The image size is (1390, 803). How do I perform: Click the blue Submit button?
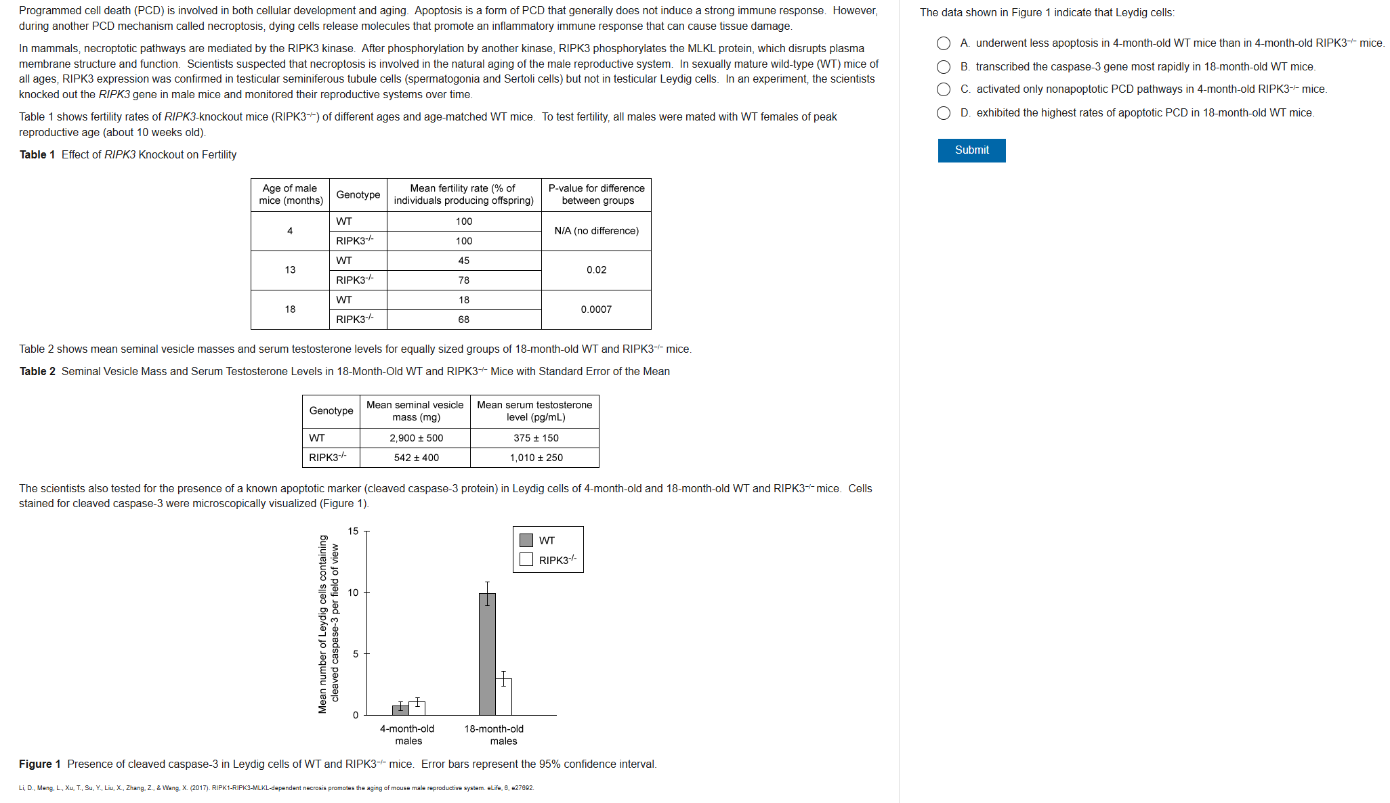(x=971, y=150)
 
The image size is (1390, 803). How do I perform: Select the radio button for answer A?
(x=944, y=43)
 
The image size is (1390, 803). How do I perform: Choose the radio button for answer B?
(x=944, y=66)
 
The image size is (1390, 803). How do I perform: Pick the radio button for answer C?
(x=944, y=89)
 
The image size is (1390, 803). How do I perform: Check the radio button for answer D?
(x=944, y=113)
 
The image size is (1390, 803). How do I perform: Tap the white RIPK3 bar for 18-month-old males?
(x=503, y=697)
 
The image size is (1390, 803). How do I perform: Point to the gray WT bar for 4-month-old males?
(x=400, y=710)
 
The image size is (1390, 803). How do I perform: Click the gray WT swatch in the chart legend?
(x=526, y=540)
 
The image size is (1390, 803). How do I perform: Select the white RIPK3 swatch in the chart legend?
(x=526, y=560)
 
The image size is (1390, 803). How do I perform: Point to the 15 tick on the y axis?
(x=353, y=531)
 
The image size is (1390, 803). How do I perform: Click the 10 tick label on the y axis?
(x=353, y=593)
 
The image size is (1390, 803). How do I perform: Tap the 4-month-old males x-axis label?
(x=407, y=735)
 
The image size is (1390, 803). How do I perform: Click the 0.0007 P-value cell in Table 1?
(x=596, y=309)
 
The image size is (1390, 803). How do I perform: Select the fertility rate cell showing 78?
(x=464, y=280)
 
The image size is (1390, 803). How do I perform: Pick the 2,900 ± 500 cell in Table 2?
(x=416, y=438)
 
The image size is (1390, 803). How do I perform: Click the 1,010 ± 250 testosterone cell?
(x=536, y=458)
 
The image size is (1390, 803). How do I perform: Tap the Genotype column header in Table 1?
(x=358, y=195)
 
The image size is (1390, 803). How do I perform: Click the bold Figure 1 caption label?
(x=39, y=764)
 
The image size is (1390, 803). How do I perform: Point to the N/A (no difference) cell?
(x=596, y=231)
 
